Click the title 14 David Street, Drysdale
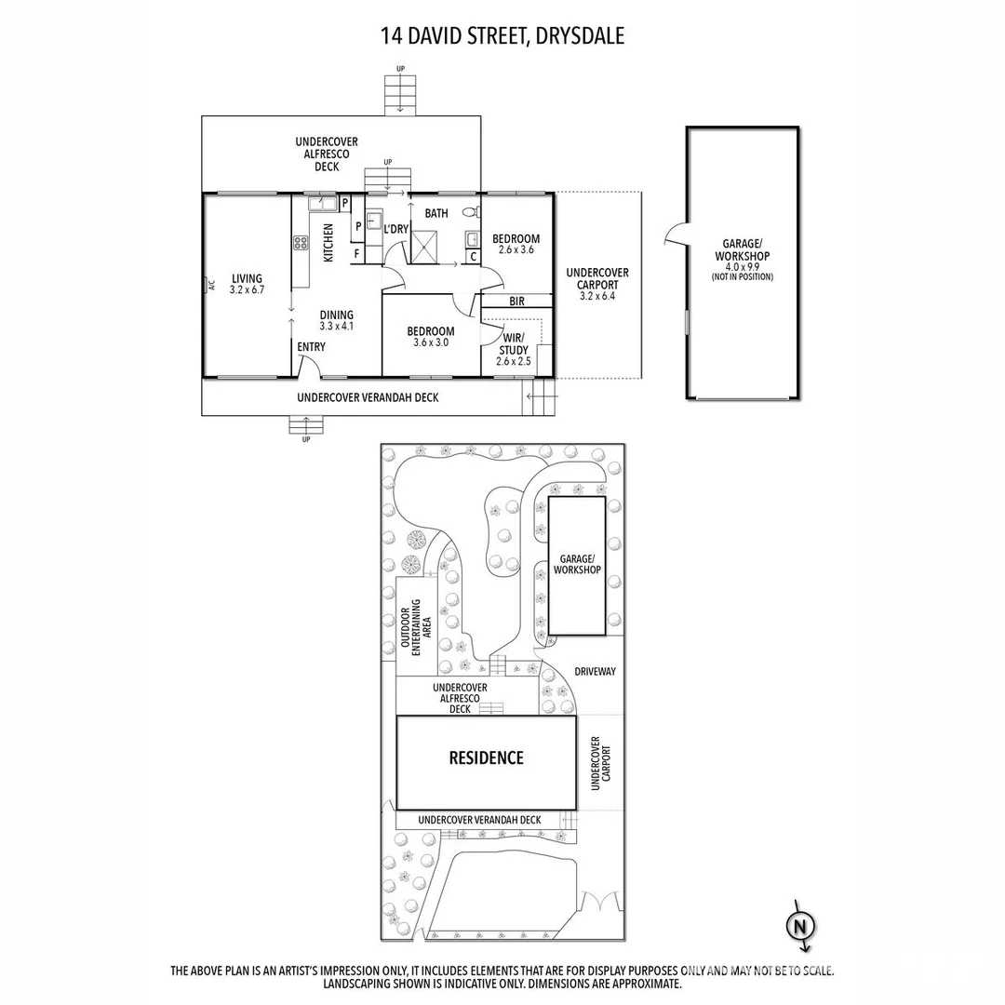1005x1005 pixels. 502,36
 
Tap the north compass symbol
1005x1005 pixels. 797,926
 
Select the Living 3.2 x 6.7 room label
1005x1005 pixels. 248,284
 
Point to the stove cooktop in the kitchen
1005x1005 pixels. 301,243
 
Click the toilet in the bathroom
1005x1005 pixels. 469,212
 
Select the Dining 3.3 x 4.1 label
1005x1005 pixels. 336,320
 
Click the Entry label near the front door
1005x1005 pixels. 311,347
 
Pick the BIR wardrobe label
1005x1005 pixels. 516,301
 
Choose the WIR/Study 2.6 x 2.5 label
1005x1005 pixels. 514,349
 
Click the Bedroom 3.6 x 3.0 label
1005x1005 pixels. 431,337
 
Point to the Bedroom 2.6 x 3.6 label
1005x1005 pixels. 516,244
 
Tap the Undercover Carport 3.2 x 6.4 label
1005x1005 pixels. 596,284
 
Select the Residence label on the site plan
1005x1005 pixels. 486,757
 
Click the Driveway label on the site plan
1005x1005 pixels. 595,671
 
